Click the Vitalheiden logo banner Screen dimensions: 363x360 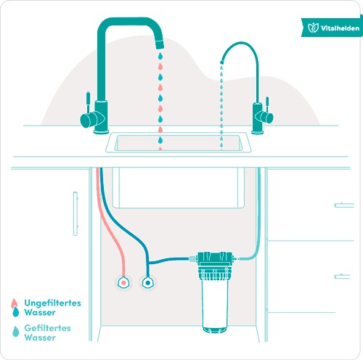click(332, 28)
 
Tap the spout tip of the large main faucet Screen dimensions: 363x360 click(160, 45)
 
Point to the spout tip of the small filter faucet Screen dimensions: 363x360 click(221, 62)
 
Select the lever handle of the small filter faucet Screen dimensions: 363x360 click(267, 105)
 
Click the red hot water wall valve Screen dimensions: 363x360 click(123, 282)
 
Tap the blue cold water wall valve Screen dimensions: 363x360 click(147, 282)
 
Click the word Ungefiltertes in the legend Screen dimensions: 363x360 click(52, 303)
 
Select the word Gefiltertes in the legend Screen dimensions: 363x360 click(47, 328)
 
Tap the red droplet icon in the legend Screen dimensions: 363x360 click(15, 303)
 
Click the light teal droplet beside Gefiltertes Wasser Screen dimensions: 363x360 click(16, 331)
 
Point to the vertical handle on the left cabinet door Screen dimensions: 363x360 click(76, 213)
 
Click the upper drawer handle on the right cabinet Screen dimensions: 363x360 click(344, 205)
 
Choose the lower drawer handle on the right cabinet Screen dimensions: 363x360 click(342, 277)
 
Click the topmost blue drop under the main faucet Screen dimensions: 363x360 click(160, 57)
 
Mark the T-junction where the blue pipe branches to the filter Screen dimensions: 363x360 click(148, 262)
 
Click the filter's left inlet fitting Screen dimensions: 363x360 click(193, 259)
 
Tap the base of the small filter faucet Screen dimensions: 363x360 click(257, 132)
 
